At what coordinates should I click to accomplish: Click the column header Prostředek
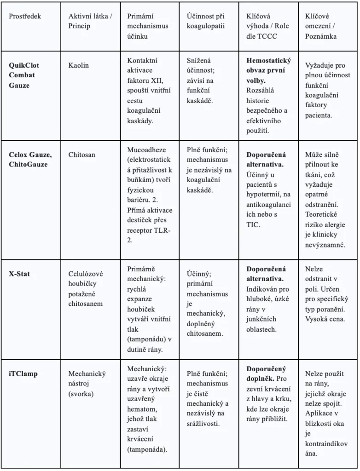(x=25, y=16)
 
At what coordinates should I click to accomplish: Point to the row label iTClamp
(x=23, y=373)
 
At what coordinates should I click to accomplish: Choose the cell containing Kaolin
(x=79, y=65)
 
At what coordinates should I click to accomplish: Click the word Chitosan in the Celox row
(x=82, y=155)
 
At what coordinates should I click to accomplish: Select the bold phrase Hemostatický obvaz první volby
(x=266, y=70)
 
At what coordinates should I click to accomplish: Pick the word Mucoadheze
(x=146, y=150)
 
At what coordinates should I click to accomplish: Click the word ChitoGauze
(x=28, y=164)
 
